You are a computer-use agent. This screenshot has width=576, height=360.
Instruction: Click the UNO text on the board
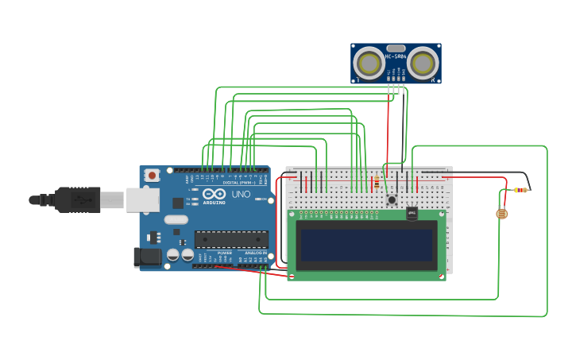[241, 194]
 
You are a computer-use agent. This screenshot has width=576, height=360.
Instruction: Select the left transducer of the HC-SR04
[369, 62]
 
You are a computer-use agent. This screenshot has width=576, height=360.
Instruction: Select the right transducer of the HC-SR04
[423, 62]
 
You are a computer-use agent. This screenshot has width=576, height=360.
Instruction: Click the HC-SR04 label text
[396, 56]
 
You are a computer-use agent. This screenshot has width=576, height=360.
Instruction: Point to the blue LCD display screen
[367, 246]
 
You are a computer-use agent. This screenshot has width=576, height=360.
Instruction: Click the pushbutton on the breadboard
[391, 199]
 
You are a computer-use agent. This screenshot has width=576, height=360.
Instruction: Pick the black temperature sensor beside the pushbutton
[412, 213]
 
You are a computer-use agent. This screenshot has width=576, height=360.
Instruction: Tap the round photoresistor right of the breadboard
[502, 213]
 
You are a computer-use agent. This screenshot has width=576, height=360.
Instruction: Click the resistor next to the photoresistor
[520, 190]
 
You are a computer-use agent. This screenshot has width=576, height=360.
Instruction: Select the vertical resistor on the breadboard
[376, 184]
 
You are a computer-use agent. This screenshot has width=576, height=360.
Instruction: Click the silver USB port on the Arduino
[142, 199]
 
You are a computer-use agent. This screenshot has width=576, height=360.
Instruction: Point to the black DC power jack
[147, 257]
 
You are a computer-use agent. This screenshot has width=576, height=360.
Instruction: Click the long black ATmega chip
[231, 238]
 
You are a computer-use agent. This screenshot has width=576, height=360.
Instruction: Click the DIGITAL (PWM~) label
[239, 182]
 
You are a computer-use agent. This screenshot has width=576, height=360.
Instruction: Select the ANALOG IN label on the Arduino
[253, 253]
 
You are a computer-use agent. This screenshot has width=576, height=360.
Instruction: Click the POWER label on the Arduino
[225, 253]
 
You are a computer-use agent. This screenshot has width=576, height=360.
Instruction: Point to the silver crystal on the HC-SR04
[396, 48]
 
